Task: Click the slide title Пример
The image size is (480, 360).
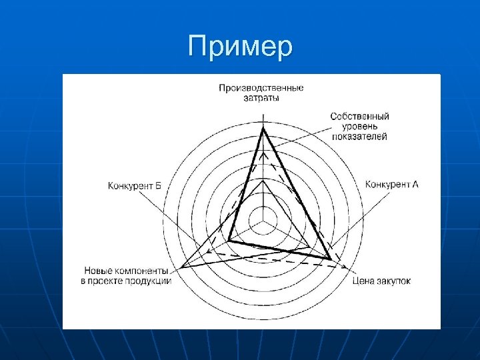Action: pyautogui.click(x=240, y=47)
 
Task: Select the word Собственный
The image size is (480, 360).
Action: pyautogui.click(x=359, y=117)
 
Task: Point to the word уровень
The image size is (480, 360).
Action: pyautogui.click(x=359, y=126)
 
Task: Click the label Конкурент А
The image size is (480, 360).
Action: pyautogui.click(x=392, y=184)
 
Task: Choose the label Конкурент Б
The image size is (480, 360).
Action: pyautogui.click(x=135, y=185)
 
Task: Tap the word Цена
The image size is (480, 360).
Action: pyautogui.click(x=363, y=281)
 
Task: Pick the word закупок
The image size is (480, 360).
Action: pyautogui.click(x=393, y=281)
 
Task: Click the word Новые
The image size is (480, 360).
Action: pyautogui.click(x=97, y=271)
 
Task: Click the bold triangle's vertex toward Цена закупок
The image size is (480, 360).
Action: pyautogui.click(x=331, y=258)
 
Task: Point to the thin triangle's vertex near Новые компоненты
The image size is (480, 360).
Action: pyautogui.click(x=183, y=267)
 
